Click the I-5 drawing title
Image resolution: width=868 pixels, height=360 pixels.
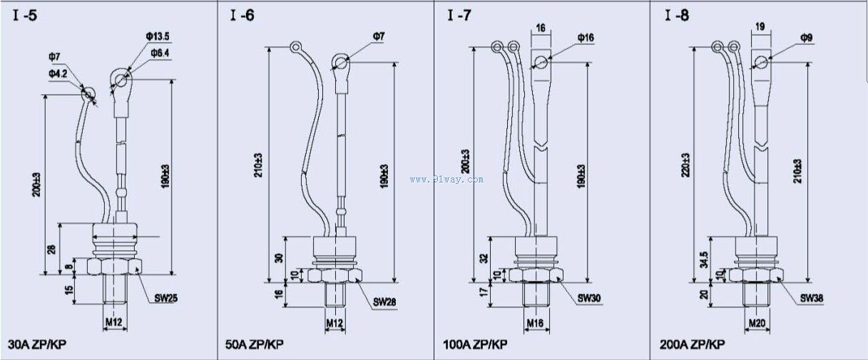24,15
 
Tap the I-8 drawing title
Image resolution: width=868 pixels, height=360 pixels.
677,15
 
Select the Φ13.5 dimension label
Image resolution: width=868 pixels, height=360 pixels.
158,36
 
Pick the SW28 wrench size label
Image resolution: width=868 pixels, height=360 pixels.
385,302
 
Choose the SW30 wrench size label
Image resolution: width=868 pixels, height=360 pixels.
589,297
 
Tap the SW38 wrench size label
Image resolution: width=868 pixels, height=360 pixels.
812,297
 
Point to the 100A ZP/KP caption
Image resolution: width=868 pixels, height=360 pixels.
473,344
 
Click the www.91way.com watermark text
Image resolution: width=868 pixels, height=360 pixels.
446,180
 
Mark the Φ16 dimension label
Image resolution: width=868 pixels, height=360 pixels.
586,36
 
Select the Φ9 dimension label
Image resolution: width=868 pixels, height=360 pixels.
807,36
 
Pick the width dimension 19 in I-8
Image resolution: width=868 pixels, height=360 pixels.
760,26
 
